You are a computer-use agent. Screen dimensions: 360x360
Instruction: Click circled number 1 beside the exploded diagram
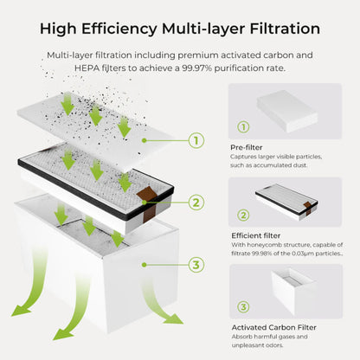tap(196, 139)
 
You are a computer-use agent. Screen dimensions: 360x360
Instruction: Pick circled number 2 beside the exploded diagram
tap(196, 202)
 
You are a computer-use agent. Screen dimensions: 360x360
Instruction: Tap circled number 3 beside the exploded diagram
tap(196, 265)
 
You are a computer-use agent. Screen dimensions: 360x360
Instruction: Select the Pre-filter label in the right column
tap(247, 148)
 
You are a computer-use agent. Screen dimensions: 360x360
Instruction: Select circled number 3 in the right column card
tap(242, 306)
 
